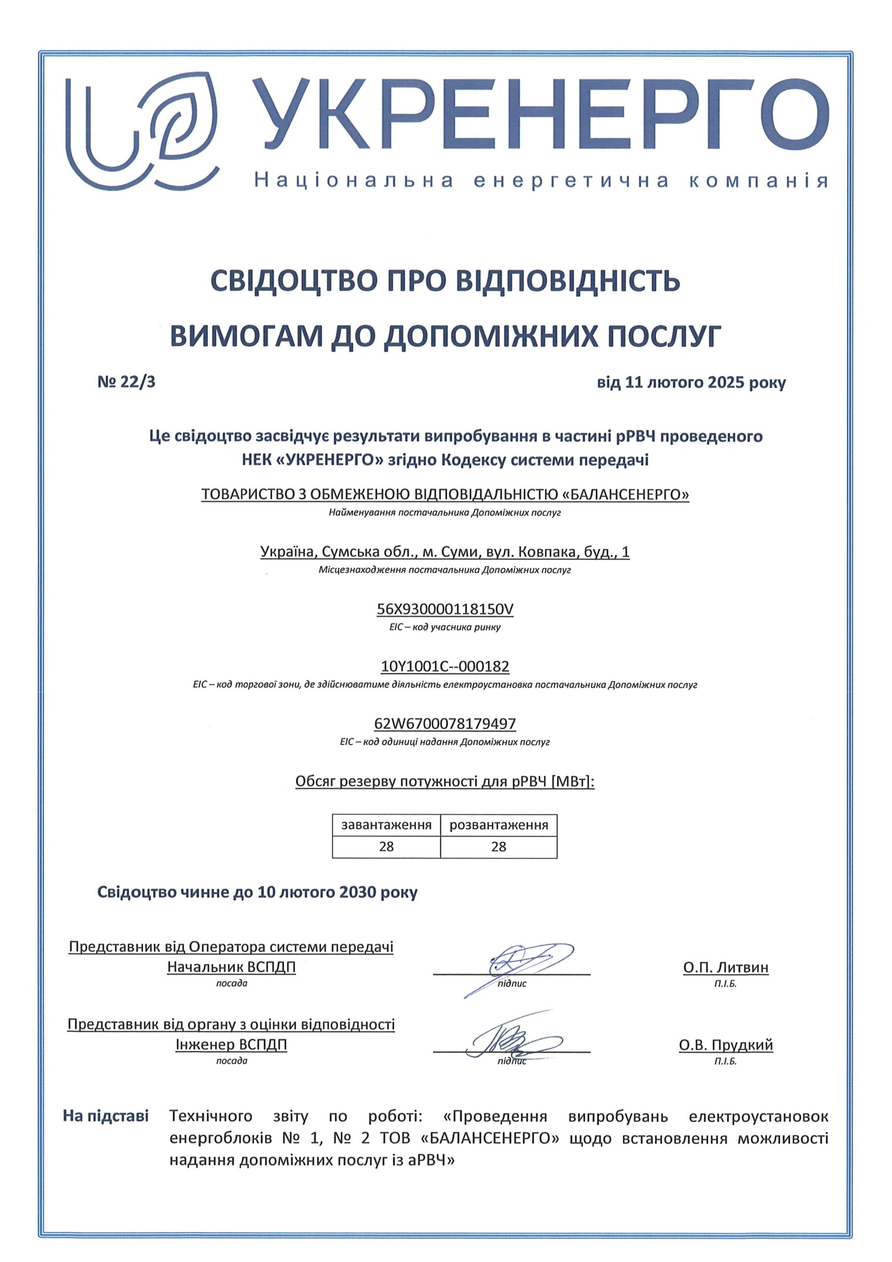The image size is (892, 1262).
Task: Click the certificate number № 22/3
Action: (x=127, y=382)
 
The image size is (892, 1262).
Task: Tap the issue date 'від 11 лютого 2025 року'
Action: (x=691, y=383)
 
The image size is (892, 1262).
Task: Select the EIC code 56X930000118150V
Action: (x=445, y=609)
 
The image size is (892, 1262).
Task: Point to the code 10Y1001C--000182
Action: (x=445, y=666)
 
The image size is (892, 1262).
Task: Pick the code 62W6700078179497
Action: (x=445, y=723)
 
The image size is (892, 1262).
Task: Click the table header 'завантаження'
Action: (x=386, y=825)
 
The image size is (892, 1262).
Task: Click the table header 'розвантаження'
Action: (x=499, y=825)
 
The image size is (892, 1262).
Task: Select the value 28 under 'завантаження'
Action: (x=386, y=846)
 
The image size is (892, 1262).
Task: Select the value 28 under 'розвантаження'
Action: (x=499, y=846)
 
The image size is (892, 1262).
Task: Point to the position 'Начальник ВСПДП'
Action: (x=232, y=967)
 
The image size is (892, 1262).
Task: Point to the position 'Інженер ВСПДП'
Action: (x=232, y=1044)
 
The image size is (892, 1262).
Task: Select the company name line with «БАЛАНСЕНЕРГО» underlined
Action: (x=445, y=494)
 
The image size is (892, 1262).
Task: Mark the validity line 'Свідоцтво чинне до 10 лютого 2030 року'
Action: (x=257, y=892)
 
